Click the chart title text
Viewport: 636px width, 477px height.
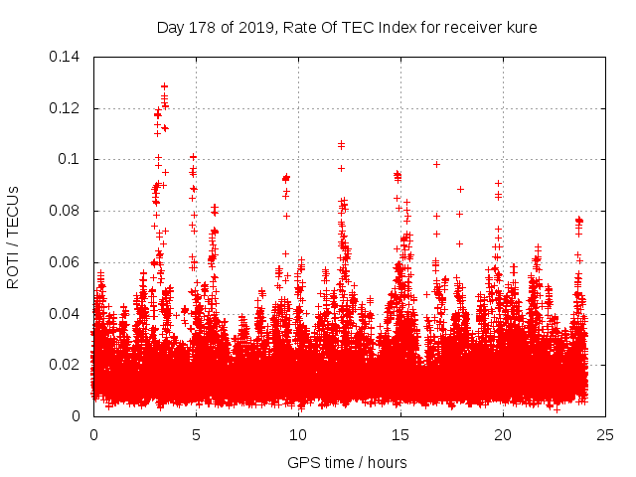[347, 28]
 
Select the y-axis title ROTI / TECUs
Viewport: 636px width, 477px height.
[13, 237]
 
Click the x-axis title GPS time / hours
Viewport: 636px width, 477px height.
[347, 462]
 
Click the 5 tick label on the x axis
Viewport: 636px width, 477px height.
[196, 435]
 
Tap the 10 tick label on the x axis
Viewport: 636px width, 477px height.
[298, 435]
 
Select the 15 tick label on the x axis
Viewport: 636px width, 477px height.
[400, 435]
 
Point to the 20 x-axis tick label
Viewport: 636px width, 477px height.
[503, 435]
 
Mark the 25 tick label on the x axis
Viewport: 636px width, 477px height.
[605, 435]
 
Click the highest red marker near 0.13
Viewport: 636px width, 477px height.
[164, 86]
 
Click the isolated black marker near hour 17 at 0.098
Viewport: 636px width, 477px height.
[436, 164]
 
